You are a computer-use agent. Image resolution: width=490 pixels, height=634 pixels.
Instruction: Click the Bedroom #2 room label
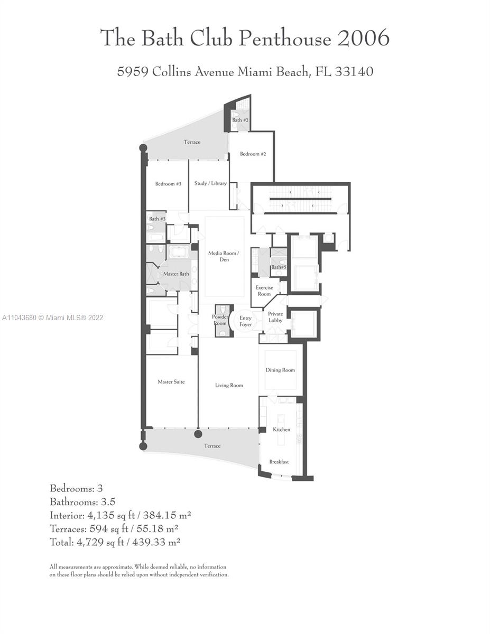click(253, 154)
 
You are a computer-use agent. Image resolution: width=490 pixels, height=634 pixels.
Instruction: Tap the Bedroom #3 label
click(168, 184)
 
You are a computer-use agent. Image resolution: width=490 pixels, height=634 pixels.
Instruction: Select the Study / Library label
click(210, 183)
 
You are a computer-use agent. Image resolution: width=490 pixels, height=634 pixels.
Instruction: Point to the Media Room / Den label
click(224, 256)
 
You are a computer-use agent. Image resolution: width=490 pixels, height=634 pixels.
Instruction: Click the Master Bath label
click(176, 274)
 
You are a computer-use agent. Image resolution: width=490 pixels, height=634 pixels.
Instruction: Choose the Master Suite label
click(171, 381)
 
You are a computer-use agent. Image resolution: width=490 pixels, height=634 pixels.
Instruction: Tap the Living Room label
click(229, 385)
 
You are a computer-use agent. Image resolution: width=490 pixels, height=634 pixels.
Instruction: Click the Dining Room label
click(280, 370)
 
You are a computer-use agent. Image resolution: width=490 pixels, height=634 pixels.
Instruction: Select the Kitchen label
click(281, 430)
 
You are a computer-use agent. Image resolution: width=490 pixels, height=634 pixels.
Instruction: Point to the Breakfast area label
click(279, 462)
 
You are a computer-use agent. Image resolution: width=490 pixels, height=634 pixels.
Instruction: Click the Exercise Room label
click(264, 291)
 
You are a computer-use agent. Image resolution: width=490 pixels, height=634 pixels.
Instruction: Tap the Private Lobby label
click(275, 317)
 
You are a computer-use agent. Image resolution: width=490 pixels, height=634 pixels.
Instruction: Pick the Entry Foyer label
click(245, 321)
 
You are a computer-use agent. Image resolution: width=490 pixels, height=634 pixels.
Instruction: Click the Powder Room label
click(220, 320)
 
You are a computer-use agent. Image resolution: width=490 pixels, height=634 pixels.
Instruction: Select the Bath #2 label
click(240, 120)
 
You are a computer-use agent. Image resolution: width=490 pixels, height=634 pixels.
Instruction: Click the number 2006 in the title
click(363, 38)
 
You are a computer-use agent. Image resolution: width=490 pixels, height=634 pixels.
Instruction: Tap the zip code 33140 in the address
click(354, 71)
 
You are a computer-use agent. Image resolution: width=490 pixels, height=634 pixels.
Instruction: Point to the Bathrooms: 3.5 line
click(82, 501)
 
